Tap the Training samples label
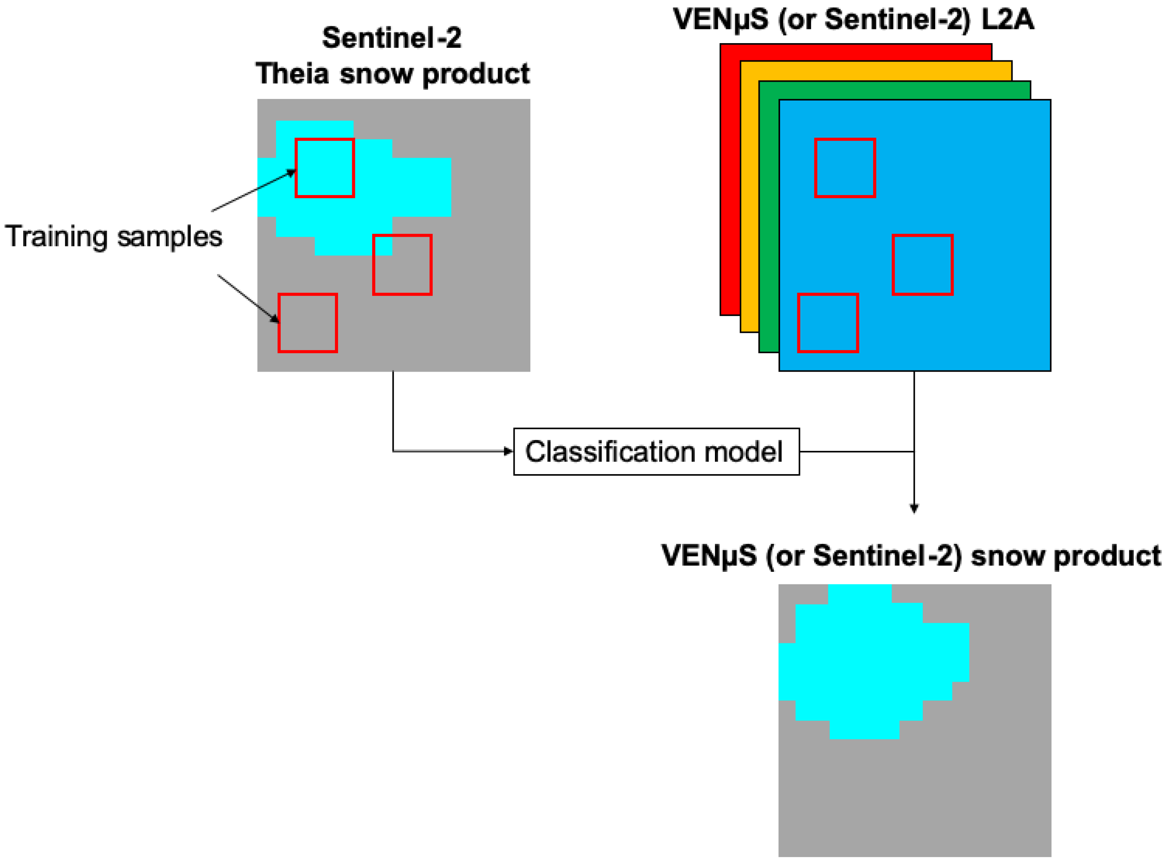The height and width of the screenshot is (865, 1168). (113, 237)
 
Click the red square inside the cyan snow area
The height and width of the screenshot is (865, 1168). (325, 168)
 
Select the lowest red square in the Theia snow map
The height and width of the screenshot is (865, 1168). (307, 323)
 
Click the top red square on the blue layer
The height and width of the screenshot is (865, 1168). (845, 168)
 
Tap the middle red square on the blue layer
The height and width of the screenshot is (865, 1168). (922, 265)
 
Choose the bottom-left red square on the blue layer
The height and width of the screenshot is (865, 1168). (828, 323)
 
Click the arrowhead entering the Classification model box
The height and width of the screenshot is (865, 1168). (508, 451)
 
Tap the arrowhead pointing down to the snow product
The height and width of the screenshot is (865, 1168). (914, 508)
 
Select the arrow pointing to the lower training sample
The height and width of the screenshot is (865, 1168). (248, 298)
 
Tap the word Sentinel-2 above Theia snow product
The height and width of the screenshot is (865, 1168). (392, 38)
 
